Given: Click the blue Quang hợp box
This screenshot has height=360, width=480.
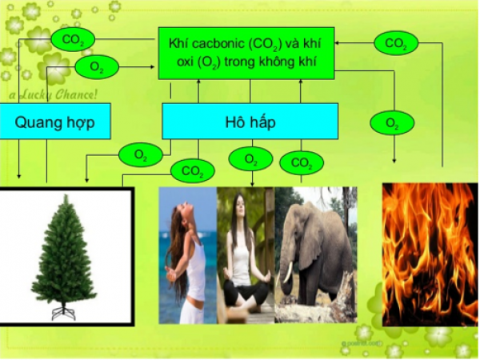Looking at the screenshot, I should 55,122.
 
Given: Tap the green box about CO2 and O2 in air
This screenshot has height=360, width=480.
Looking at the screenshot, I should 245,53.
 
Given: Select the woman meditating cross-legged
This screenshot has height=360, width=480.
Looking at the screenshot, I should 246,256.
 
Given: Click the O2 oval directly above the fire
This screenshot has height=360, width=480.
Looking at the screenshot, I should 392,123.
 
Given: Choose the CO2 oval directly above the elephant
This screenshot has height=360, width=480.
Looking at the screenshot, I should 301,163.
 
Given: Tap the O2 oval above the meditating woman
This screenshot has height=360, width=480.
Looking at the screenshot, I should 250,159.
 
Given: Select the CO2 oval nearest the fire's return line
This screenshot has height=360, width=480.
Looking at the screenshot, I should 395,42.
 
